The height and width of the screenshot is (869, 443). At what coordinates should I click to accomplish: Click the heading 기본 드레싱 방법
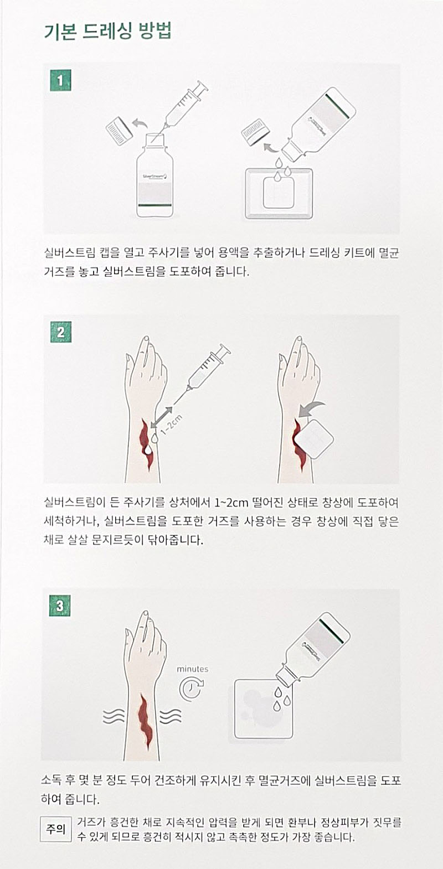click(x=108, y=31)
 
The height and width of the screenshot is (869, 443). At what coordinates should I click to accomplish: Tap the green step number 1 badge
click(x=60, y=80)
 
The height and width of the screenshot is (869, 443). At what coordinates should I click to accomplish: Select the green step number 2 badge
click(x=61, y=333)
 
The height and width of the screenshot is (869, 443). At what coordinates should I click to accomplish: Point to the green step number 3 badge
click(x=60, y=606)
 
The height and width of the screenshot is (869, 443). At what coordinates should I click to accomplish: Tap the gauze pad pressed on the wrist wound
click(x=314, y=438)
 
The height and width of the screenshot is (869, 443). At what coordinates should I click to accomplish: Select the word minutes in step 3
click(x=193, y=669)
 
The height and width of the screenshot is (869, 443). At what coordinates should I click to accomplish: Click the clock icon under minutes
click(x=192, y=689)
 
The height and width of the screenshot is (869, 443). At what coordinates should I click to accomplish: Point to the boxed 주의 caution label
click(x=56, y=829)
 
